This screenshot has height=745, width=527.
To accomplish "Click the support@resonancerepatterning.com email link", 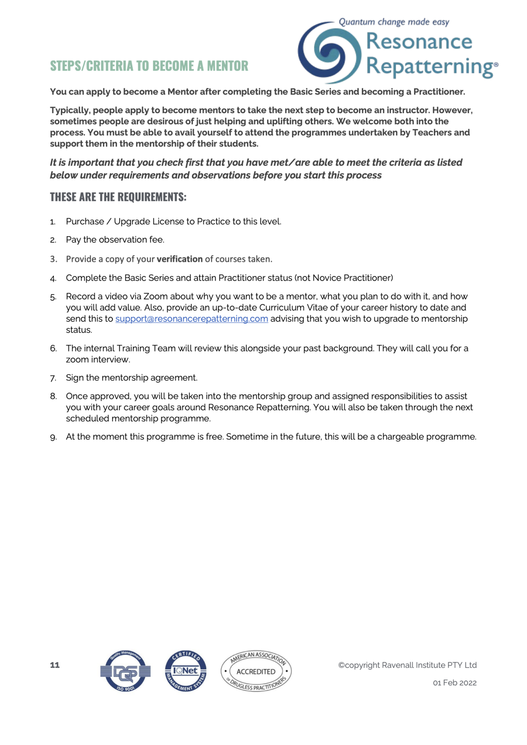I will (191, 319).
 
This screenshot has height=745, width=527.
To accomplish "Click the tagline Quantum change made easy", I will (394, 22).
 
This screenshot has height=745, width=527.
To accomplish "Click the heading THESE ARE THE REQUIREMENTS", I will (118, 197).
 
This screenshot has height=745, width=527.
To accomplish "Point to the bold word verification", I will (180, 259).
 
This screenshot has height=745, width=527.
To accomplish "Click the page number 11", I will (55, 665).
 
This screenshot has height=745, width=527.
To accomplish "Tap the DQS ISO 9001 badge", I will (125, 671).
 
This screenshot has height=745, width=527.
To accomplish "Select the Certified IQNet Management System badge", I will (186, 671).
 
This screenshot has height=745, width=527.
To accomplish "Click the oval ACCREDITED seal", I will (256, 671).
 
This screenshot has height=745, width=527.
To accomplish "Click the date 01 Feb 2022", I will (455, 683).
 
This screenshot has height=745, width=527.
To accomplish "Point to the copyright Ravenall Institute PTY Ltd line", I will (407, 665).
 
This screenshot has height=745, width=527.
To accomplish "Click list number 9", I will (53, 437).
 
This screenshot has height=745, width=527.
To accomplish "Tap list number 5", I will (53, 297).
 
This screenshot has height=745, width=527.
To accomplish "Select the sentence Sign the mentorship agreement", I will (131, 378).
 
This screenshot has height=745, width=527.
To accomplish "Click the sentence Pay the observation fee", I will (115, 240).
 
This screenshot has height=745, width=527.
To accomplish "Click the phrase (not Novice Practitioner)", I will (344, 278).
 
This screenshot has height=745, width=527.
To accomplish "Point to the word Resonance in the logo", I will (419, 41).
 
